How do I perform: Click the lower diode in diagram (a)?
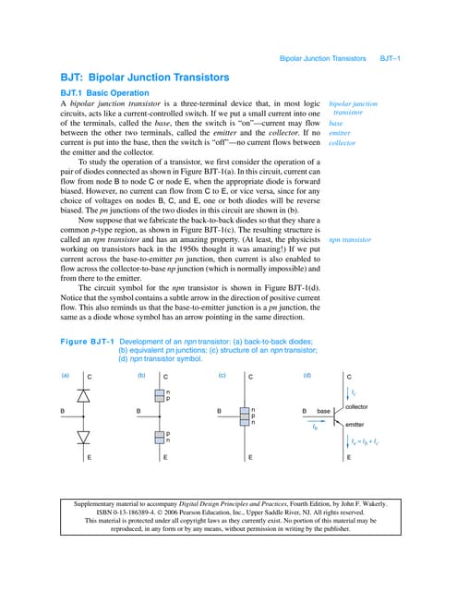pyautogui.click(x=88, y=435)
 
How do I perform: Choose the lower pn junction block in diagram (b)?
pyautogui.click(x=163, y=437)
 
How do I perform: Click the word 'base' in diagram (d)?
pyautogui.click(x=323, y=410)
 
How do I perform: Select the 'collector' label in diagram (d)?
pyautogui.click(x=357, y=406)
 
